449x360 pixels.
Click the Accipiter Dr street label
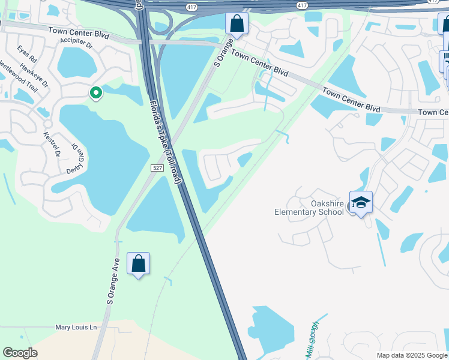pyautogui.click(x=76, y=44)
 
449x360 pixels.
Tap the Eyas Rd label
pyautogui.click(x=28, y=54)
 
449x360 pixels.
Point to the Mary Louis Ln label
pyautogui.click(x=76, y=327)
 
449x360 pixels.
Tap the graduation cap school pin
pyautogui.click(x=361, y=203)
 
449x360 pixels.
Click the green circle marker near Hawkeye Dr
pyautogui.click(x=95, y=93)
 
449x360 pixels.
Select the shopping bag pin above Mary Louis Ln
pyautogui.click(x=139, y=264)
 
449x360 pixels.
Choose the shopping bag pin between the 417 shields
pyautogui.click(x=237, y=25)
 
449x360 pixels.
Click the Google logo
pyautogui.click(x=20, y=353)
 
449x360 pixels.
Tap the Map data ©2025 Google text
pyautogui.click(x=412, y=355)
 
